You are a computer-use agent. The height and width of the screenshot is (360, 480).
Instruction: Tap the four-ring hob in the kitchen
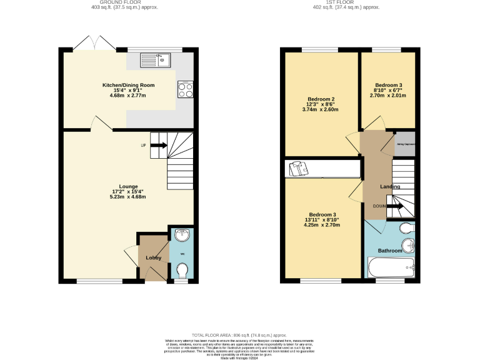[x=186, y=90]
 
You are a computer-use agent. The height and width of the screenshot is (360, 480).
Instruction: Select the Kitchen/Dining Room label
[x=128, y=85]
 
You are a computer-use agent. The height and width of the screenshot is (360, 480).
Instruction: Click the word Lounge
[x=128, y=186]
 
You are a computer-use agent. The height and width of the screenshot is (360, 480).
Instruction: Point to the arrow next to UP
[x=158, y=146]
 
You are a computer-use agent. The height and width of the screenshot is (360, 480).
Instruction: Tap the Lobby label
[x=154, y=257]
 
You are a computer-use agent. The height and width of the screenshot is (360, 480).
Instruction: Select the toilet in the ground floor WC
[x=182, y=270]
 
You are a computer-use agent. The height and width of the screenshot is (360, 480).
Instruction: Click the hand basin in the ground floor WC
[x=181, y=236]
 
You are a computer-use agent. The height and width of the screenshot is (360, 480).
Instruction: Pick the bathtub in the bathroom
[x=391, y=269]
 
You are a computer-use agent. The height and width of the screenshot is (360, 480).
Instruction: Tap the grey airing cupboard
[x=406, y=144]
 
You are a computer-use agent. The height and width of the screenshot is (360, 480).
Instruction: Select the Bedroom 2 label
[x=321, y=99]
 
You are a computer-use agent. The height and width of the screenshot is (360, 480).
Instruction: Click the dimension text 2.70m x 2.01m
[x=388, y=96]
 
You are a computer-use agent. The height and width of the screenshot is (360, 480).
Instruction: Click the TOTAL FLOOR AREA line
[x=240, y=335]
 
